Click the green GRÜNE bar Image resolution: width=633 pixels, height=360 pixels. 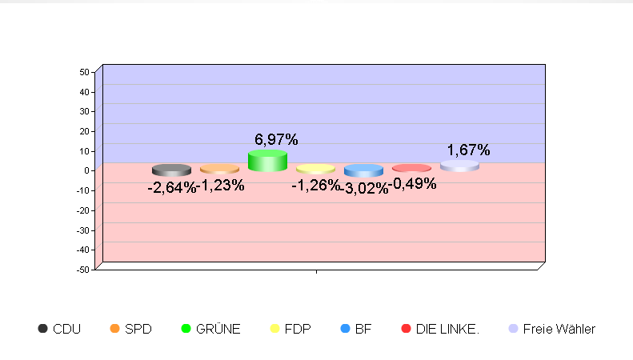[267, 161]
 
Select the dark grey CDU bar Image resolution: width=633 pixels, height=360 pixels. [171, 170]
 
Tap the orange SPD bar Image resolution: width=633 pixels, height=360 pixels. [219, 169]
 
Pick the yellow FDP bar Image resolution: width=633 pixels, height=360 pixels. [315, 169]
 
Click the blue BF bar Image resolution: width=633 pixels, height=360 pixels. [363, 170]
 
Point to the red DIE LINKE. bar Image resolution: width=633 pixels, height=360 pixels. [411, 168]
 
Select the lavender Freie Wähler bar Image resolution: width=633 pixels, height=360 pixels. [459, 166]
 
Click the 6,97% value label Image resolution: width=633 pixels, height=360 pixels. [276, 140]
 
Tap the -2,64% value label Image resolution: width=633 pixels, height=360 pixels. [171, 188]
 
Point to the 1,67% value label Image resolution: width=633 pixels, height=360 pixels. [468, 150]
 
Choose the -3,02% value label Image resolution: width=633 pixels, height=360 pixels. [364, 189]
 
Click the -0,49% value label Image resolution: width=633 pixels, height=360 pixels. [413, 184]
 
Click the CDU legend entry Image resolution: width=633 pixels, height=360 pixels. [59, 329]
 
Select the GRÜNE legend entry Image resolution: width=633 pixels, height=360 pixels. [210, 329]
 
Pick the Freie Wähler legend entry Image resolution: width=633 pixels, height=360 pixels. [552, 329]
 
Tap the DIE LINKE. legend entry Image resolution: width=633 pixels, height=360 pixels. [439, 329]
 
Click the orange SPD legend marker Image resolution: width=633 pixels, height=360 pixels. [114, 329]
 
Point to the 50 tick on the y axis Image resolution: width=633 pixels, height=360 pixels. [84, 72]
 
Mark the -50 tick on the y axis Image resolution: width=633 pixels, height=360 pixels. [82, 269]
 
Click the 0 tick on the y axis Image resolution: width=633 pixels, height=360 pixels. [86, 170]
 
